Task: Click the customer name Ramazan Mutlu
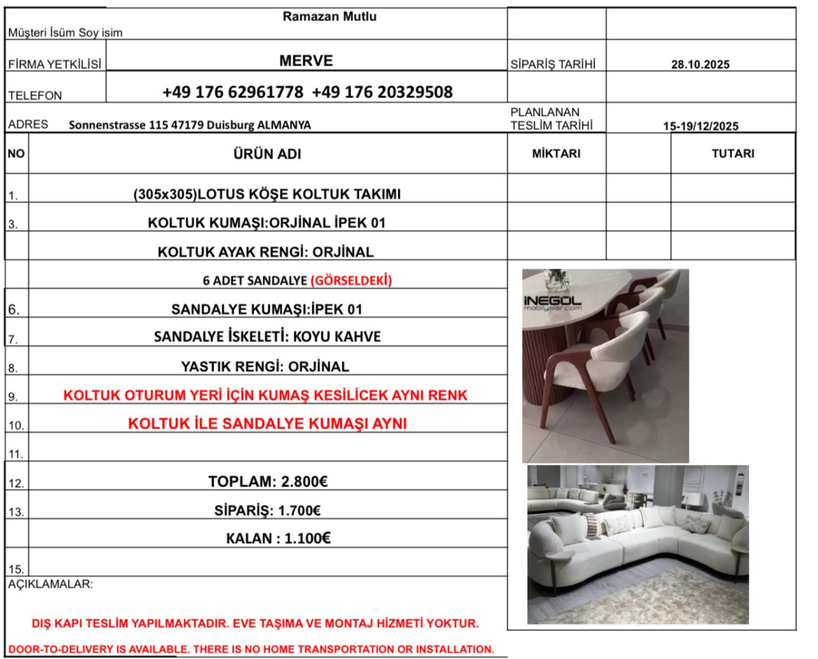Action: [329, 17]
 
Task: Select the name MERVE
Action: [306, 61]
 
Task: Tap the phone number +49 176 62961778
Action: [233, 92]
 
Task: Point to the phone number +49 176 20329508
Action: [382, 92]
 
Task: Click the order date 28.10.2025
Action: [701, 65]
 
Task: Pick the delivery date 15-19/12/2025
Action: [701, 125]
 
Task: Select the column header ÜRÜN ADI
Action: [267, 154]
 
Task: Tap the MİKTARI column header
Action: [556, 154]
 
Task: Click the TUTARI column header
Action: [733, 154]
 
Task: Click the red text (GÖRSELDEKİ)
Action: [351, 280]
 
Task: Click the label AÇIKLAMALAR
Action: [51, 585]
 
